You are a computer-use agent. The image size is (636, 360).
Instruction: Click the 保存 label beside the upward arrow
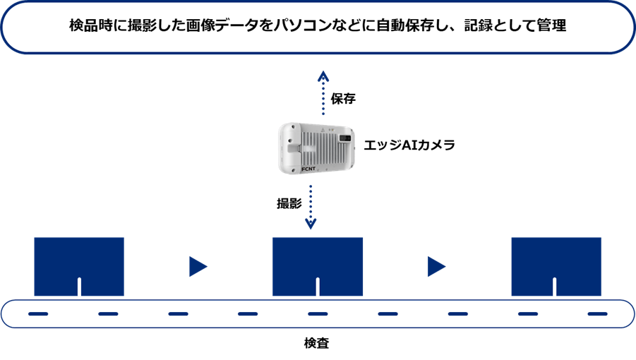(343, 99)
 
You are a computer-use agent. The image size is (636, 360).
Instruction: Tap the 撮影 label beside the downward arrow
(289, 204)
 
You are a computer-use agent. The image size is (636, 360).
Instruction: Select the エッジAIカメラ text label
(409, 145)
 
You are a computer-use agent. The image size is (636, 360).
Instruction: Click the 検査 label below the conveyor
(317, 344)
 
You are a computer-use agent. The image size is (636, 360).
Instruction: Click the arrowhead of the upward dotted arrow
(323, 76)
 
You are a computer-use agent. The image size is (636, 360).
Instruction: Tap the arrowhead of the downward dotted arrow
(311, 224)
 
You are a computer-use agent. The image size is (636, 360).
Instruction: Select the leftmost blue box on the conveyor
(79, 262)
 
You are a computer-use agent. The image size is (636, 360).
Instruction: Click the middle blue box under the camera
(318, 262)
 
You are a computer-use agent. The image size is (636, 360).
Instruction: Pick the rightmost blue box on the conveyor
(556, 262)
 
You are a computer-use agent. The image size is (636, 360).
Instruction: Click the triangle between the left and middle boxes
(198, 267)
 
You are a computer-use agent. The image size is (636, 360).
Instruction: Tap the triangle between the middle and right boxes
(436, 267)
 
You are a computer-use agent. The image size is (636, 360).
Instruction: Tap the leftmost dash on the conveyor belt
(38, 313)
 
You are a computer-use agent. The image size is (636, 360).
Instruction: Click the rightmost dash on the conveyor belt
(597, 313)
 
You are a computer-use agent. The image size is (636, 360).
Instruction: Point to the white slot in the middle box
(318, 287)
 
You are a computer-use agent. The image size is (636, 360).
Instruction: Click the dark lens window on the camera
(344, 137)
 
